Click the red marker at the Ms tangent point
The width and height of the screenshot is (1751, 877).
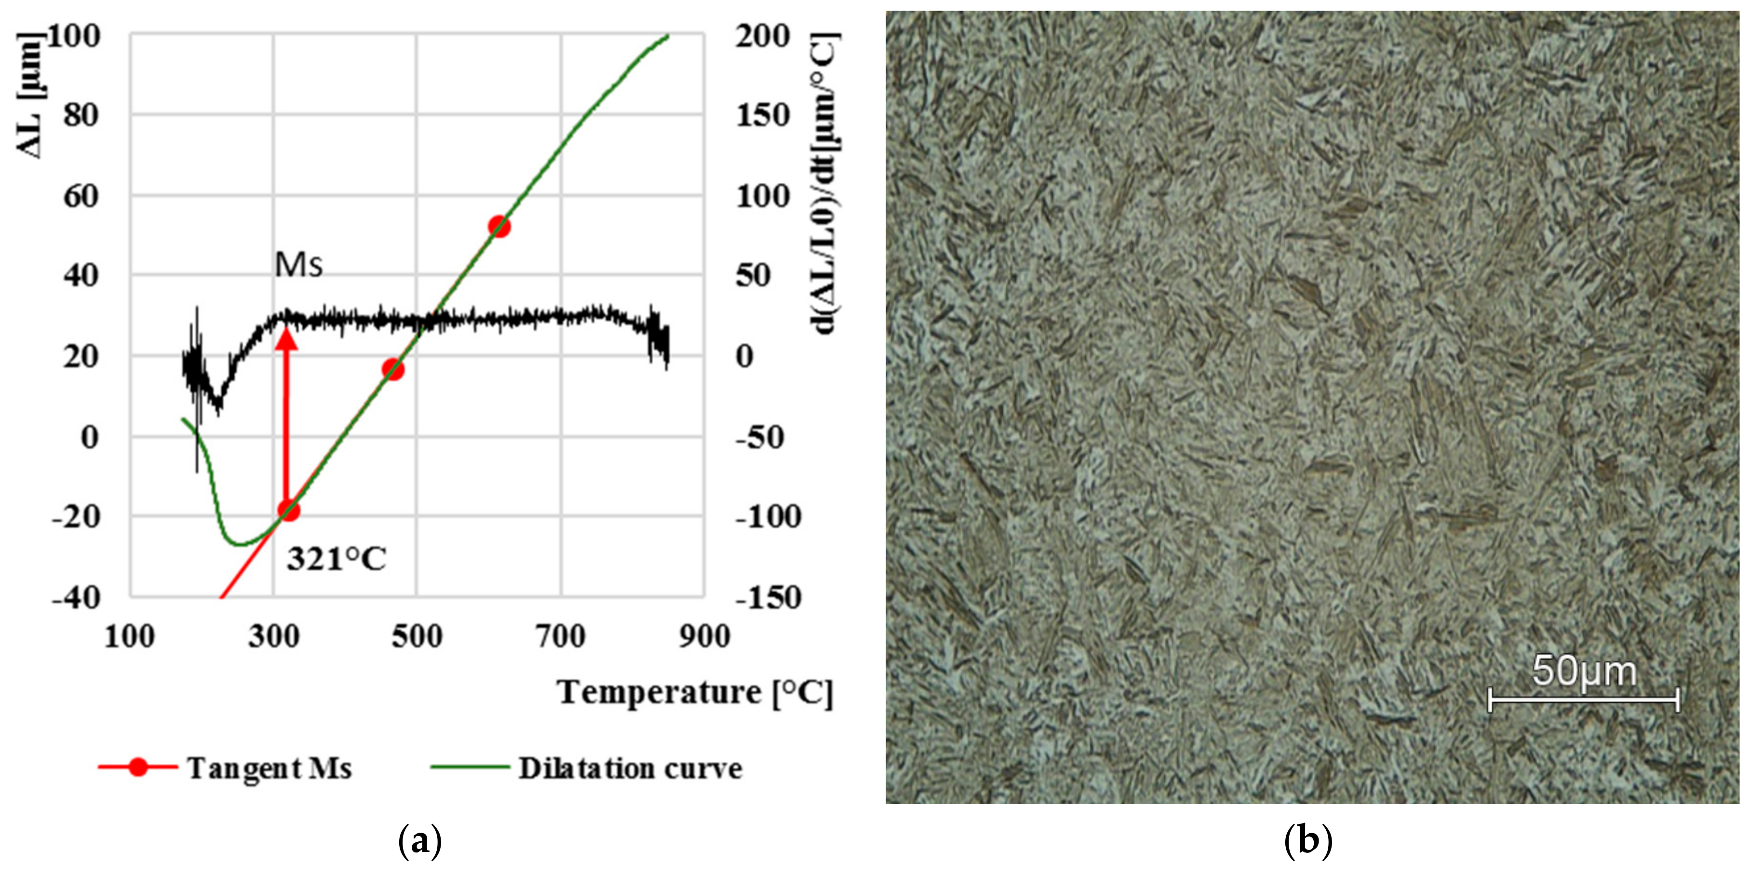point(289,511)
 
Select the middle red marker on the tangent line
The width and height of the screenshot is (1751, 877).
point(393,370)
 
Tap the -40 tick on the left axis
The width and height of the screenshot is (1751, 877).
point(77,598)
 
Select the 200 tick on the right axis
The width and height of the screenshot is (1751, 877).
point(763,35)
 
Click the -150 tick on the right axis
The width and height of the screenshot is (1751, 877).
point(768,598)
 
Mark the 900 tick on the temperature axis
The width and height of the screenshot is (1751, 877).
point(704,637)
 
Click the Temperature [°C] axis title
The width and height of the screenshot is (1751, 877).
point(695,693)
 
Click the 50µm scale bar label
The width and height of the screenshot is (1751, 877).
point(1584,672)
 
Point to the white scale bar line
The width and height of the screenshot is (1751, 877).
point(1584,699)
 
